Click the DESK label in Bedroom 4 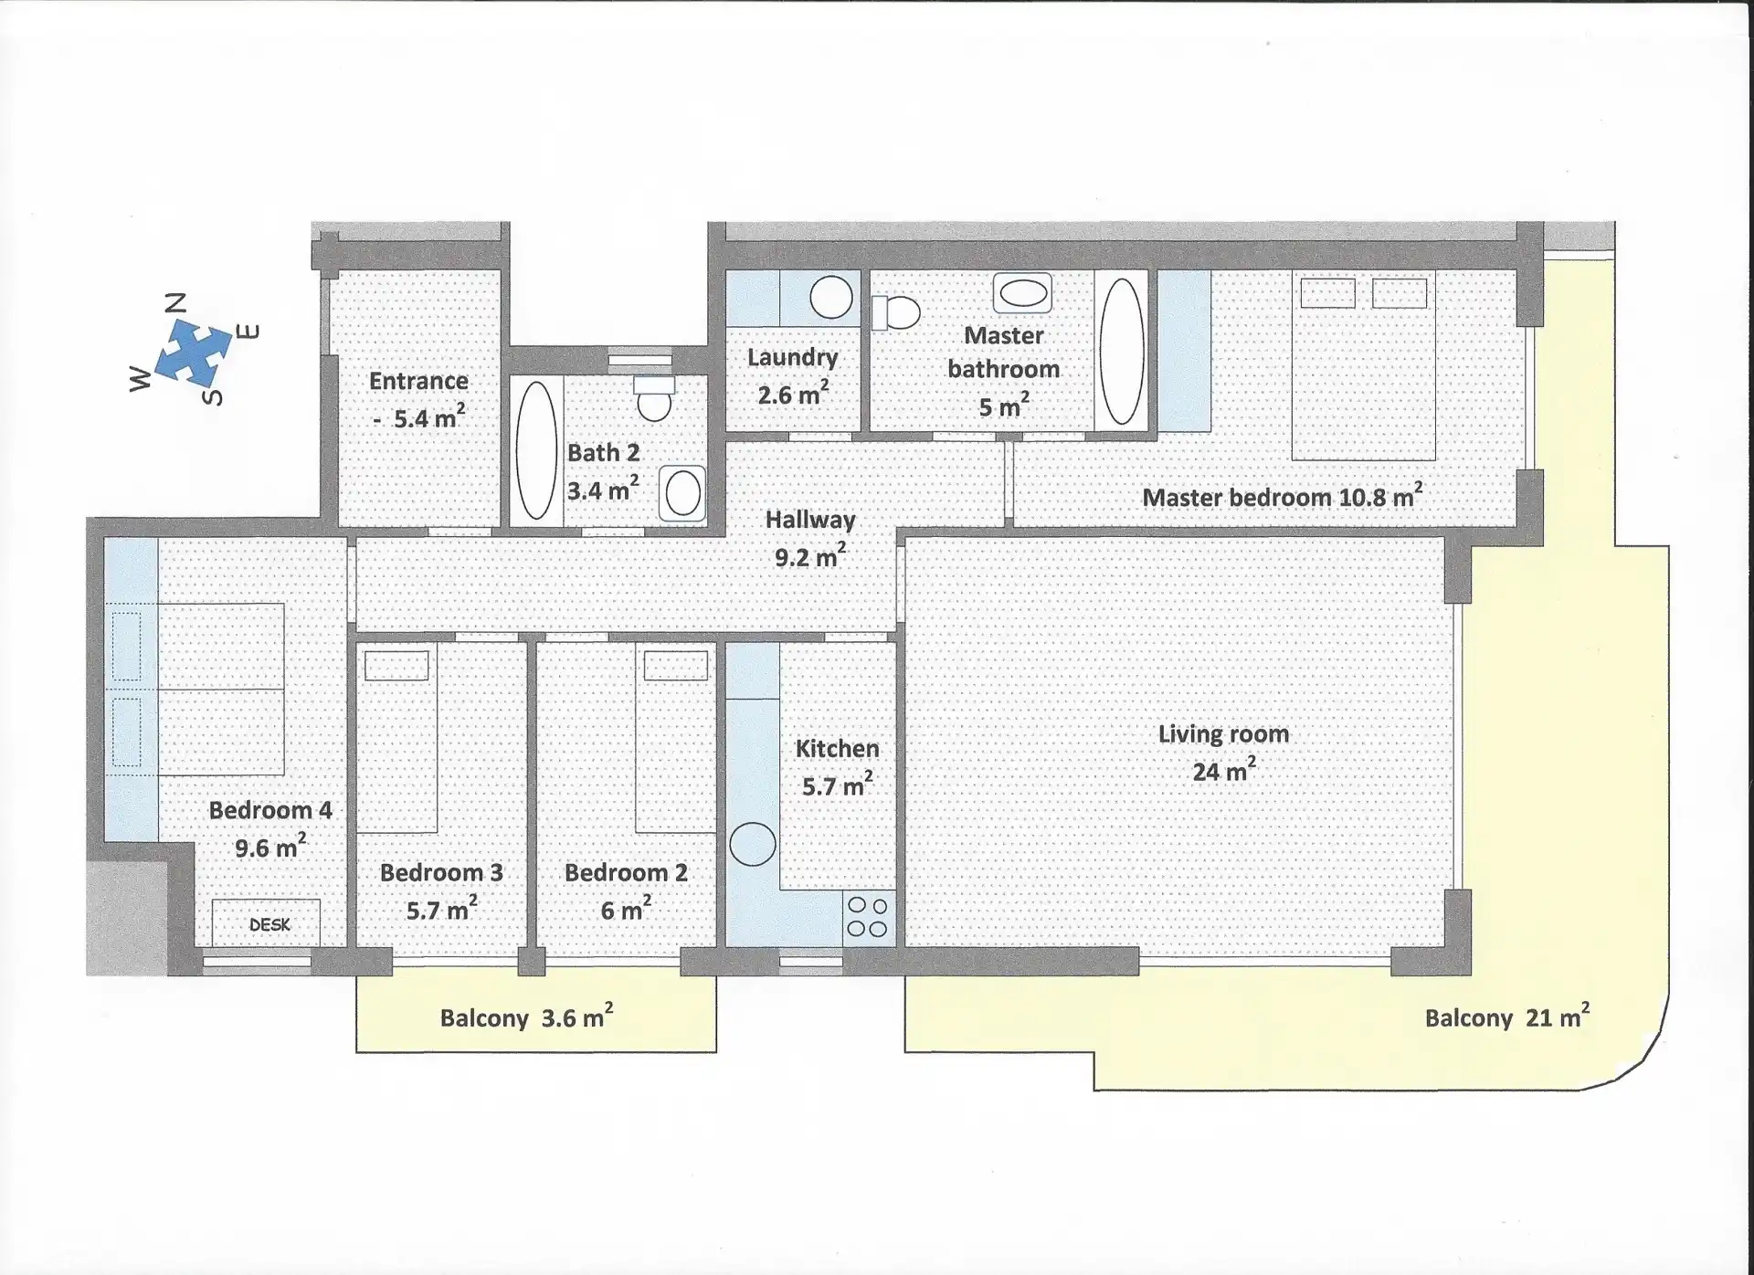[269, 925]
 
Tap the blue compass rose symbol [193, 353]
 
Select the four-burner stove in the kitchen [868, 918]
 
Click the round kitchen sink [753, 844]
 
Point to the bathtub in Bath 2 [536, 450]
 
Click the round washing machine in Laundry [831, 297]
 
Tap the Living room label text [1223, 734]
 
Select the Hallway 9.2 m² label [810, 538]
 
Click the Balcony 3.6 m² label [526, 1017]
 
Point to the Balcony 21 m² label [1507, 1017]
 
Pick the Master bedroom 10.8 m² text [1283, 496]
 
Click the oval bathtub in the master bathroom [1121, 352]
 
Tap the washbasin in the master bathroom [1022, 293]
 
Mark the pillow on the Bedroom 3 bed [396, 666]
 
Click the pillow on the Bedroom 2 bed [675, 665]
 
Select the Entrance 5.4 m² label [418, 399]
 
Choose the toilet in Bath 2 [654, 398]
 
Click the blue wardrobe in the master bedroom [1185, 351]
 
